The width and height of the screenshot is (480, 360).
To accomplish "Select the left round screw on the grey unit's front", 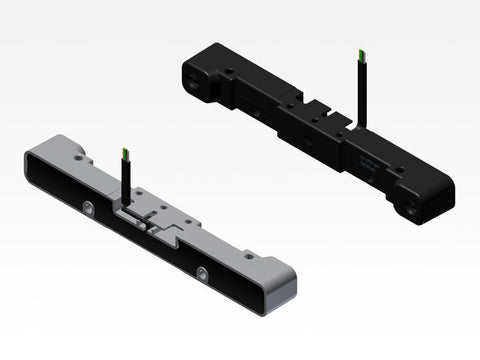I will click(90, 208).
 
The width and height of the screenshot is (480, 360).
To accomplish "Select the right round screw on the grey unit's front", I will click(203, 273).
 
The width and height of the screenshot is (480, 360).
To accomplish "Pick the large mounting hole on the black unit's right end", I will click(412, 209).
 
